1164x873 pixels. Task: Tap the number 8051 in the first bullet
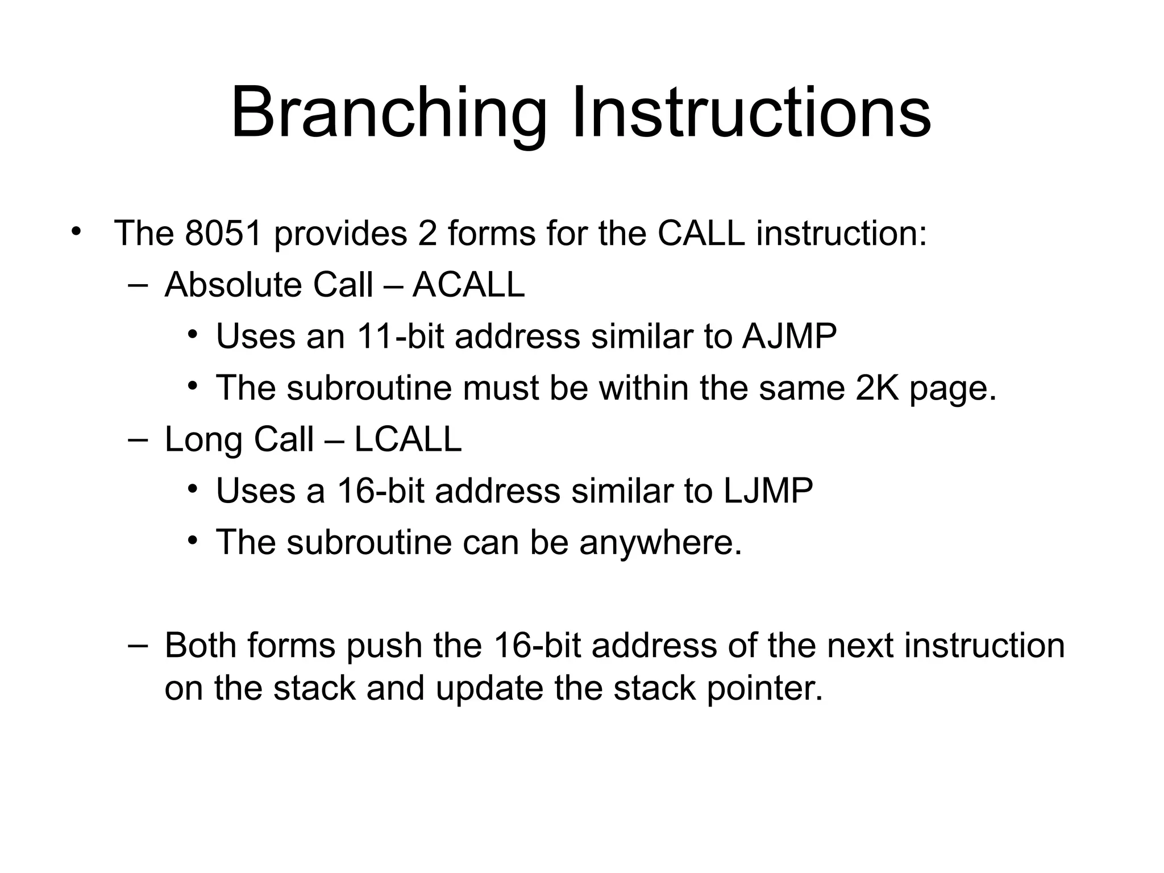tap(223, 233)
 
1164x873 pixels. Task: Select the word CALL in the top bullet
tap(701, 233)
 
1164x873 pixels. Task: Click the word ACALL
tap(468, 285)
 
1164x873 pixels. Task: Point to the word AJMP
tap(789, 336)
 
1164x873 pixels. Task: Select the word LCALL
tap(408, 439)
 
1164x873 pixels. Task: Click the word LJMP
tap(768, 490)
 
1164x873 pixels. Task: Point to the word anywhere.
tap(660, 543)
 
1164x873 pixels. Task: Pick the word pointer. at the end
tap(764, 689)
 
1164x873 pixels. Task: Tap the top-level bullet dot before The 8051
tap(76, 232)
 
